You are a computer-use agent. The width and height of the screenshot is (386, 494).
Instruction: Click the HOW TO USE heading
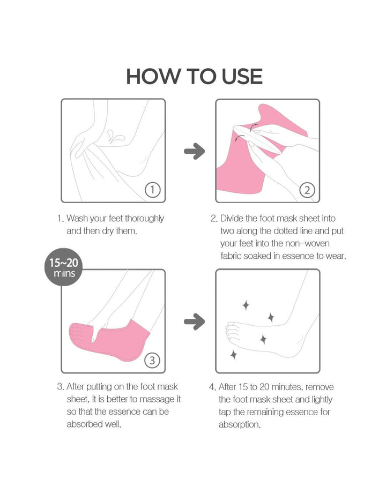tap(194, 76)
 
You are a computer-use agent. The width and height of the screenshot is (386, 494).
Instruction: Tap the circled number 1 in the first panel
tap(153, 189)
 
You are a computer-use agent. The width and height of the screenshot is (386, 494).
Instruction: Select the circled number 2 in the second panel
tap(307, 189)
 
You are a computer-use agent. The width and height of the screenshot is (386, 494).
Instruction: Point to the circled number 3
tap(153, 360)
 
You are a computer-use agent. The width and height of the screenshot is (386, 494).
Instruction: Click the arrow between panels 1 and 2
tap(194, 152)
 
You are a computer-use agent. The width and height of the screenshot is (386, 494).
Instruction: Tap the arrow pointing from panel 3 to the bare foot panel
tap(194, 322)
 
